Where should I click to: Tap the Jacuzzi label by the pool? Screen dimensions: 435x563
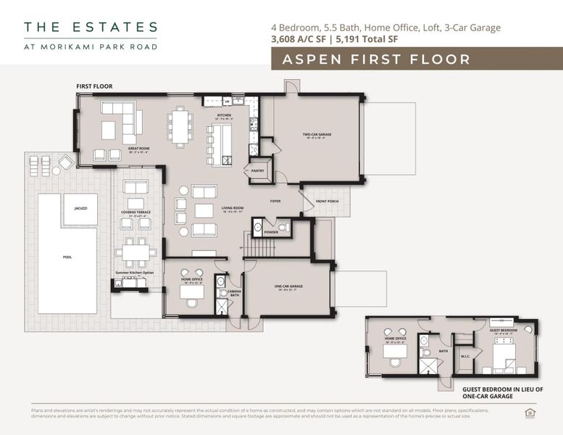click(80, 208)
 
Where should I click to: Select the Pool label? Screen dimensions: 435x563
click(67, 257)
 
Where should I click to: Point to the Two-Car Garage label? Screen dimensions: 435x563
click(317, 135)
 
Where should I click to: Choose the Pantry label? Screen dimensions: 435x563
click(257, 171)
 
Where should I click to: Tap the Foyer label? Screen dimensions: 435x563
click(275, 201)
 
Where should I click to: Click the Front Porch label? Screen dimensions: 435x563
click(328, 201)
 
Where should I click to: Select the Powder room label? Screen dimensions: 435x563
click(271, 233)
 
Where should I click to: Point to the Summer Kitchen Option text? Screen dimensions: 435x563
click(135, 273)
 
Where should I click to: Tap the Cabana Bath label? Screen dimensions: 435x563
click(234, 294)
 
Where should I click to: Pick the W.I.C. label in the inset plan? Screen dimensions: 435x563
click(465, 356)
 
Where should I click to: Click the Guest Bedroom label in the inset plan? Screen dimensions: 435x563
click(503, 331)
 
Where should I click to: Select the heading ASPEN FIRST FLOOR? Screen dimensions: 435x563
click(376, 59)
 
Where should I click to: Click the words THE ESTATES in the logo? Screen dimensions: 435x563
click(91, 28)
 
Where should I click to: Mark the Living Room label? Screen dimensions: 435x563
click(232, 209)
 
